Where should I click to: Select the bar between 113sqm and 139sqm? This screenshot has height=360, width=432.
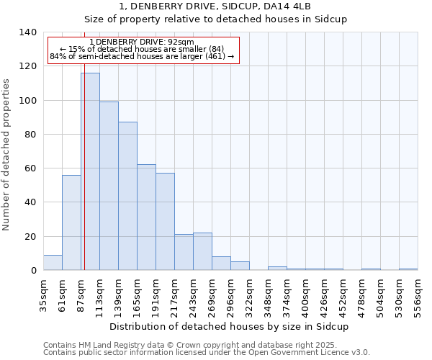tap(109, 186)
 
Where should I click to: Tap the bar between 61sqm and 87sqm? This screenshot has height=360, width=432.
tap(71, 222)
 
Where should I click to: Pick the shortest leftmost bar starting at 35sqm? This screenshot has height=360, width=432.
tap(53, 263)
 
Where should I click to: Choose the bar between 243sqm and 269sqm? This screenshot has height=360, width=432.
tap(202, 251)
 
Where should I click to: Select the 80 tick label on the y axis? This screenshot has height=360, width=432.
tap(30, 135)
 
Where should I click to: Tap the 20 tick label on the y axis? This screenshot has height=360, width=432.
tap(30, 237)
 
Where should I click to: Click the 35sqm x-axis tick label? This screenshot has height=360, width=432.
tap(44, 294)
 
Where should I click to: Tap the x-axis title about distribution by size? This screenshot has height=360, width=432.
tap(230, 326)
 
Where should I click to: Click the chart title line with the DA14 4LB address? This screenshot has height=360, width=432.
tap(230, 6)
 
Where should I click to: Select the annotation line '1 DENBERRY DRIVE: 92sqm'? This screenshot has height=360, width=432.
tap(143, 42)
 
